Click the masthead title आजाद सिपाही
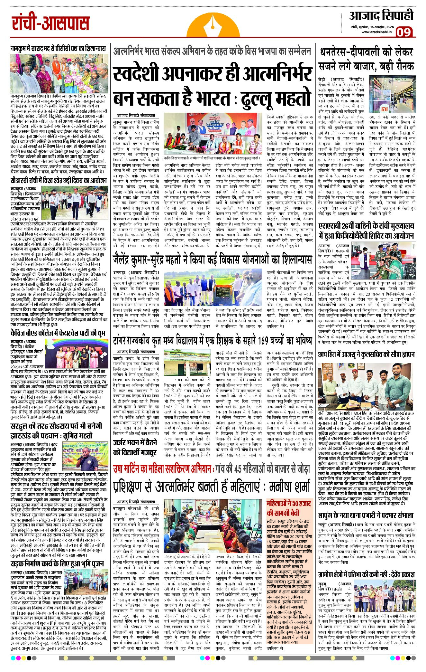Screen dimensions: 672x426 381,16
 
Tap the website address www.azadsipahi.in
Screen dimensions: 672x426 376,32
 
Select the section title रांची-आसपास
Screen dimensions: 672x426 51,24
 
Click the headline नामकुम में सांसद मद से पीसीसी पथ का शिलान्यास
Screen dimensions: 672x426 58,49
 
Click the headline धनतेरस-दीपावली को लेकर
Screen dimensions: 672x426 366,52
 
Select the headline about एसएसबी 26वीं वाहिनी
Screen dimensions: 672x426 366,231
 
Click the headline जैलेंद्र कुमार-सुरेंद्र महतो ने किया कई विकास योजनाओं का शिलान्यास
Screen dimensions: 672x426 212,260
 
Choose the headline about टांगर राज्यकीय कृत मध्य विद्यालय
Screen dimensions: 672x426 212,340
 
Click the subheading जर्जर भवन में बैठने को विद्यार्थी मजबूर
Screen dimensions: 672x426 135,448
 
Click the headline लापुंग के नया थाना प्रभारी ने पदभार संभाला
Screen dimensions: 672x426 366,515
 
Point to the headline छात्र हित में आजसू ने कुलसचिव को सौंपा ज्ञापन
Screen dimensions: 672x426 366,355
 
